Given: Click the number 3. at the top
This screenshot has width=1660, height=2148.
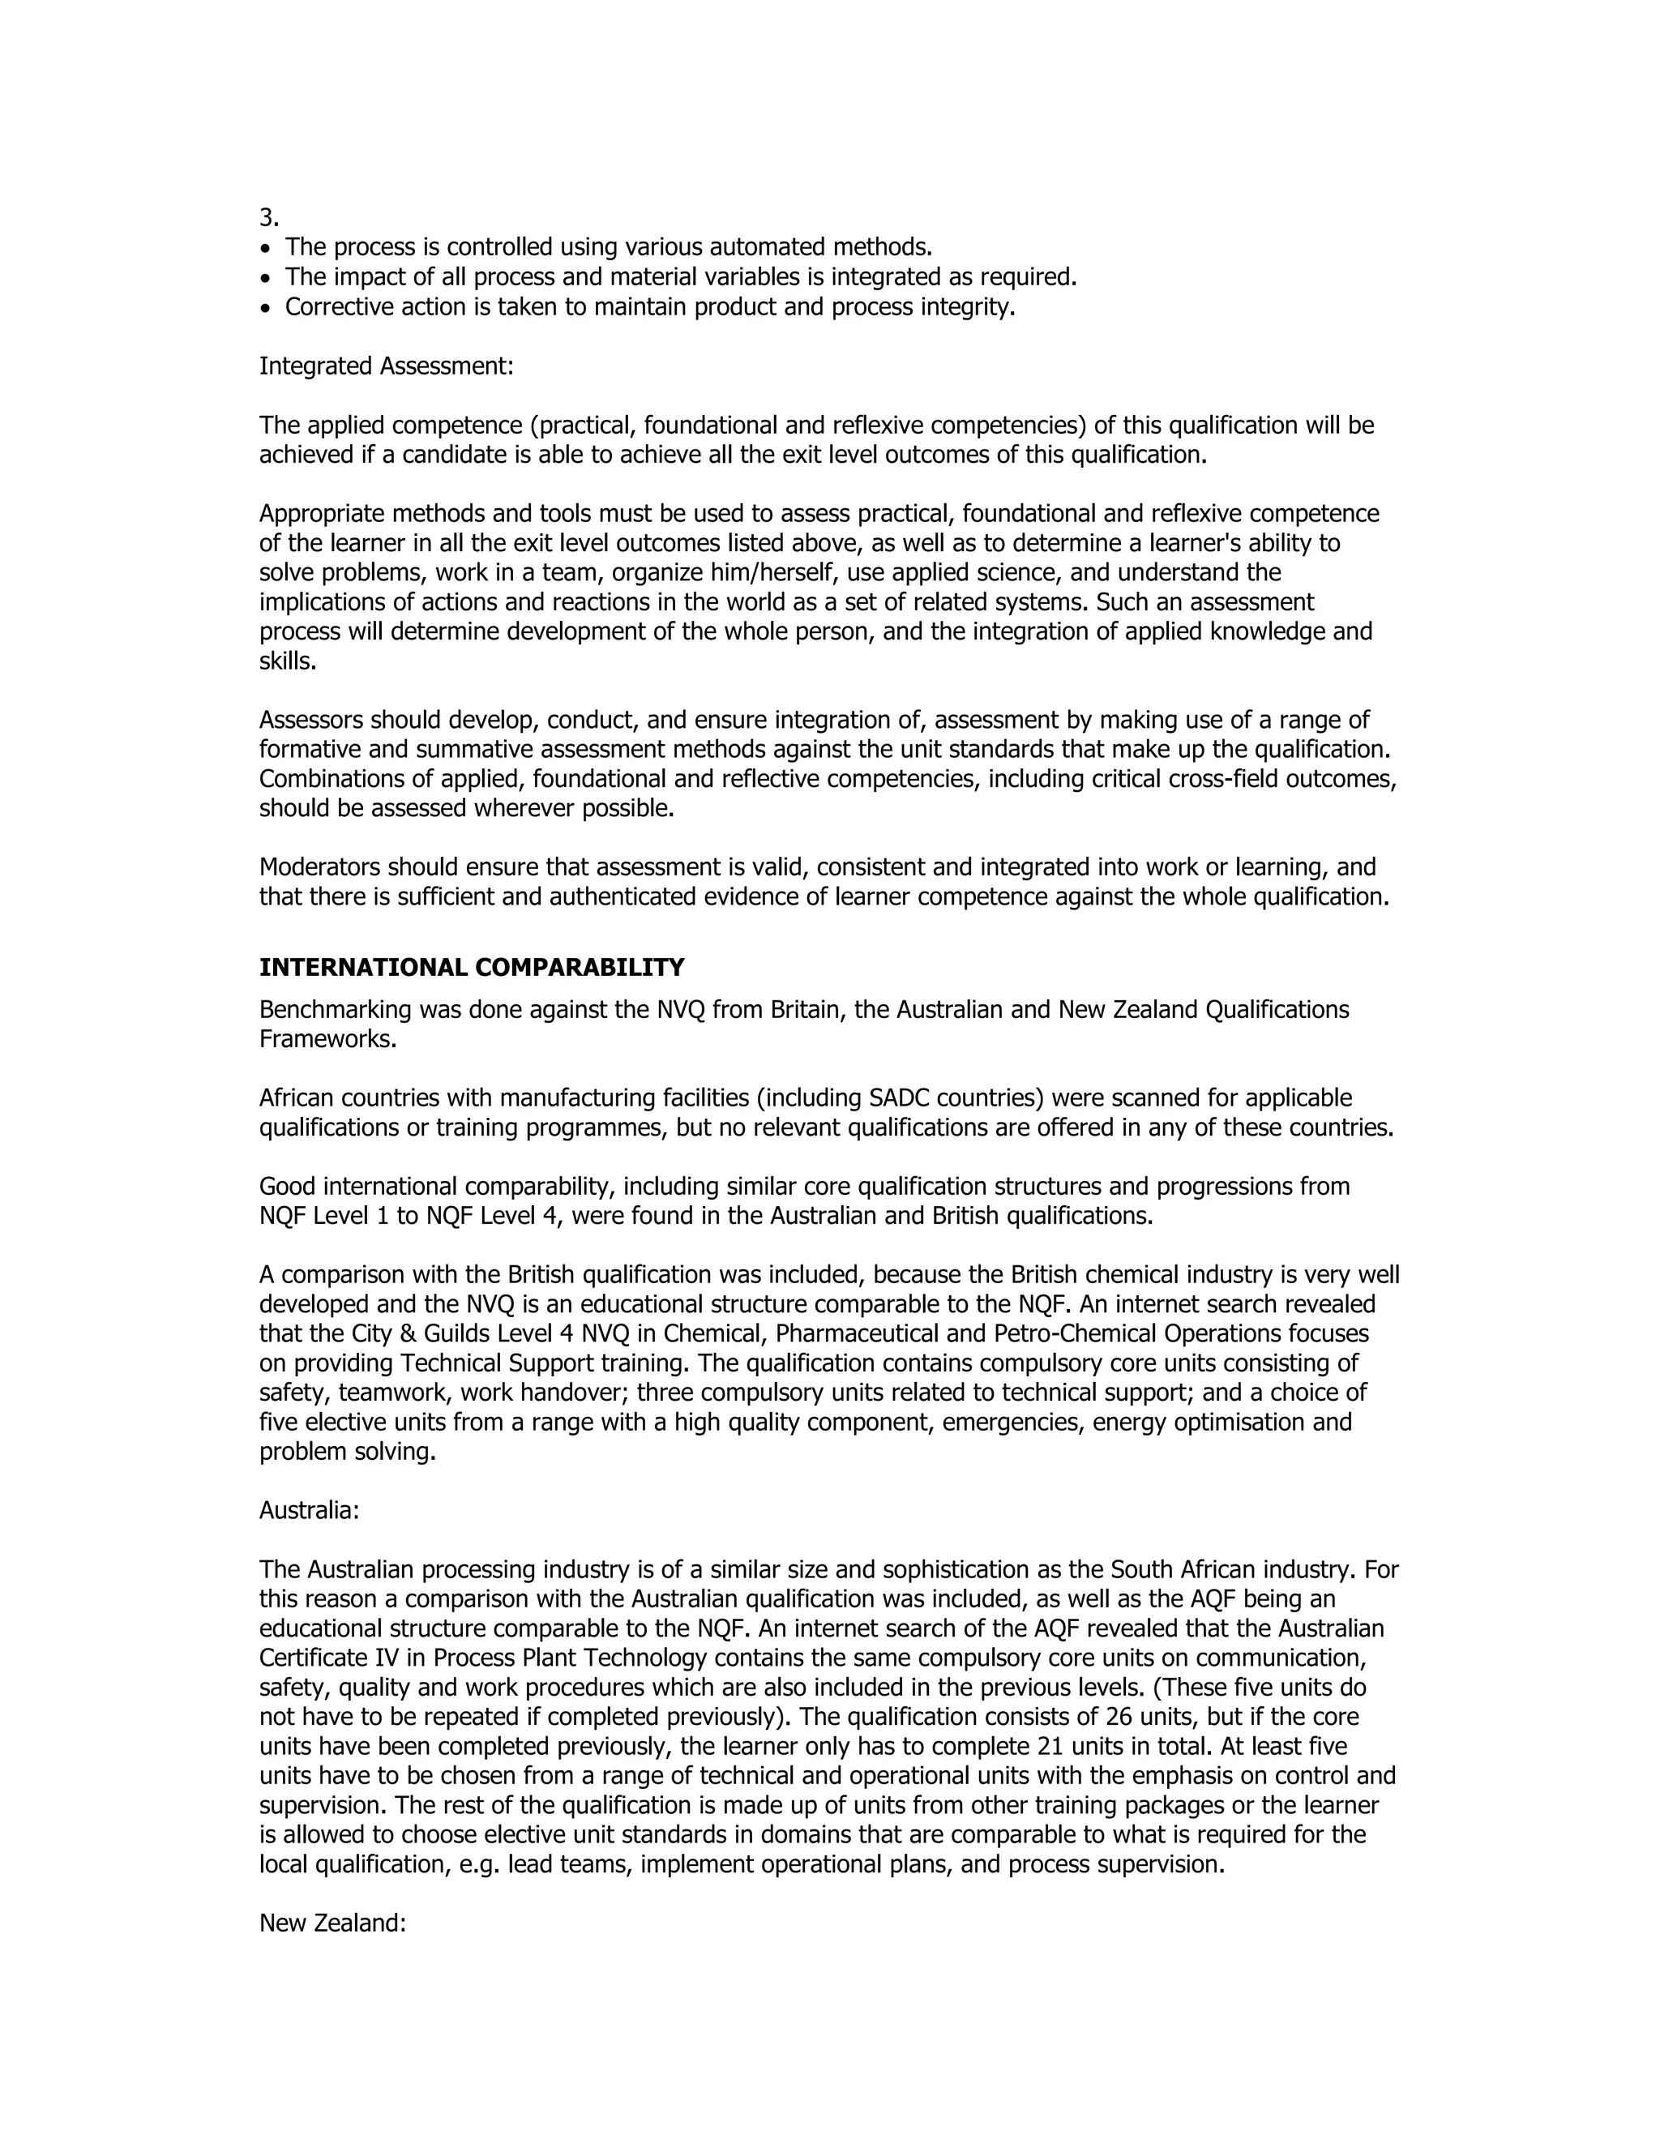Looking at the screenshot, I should click(268, 218).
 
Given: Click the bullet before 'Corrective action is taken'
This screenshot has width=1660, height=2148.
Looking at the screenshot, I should click(264, 309).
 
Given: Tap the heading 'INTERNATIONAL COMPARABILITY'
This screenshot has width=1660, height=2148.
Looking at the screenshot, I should click(471, 968).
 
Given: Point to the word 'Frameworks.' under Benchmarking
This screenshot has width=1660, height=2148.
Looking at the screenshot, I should click(327, 1040).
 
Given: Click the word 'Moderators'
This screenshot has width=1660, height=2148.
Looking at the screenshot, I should click(319, 867).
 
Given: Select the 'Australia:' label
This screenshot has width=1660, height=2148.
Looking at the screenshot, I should click(309, 1511).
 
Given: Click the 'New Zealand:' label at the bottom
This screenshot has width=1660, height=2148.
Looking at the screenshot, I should click(332, 1923).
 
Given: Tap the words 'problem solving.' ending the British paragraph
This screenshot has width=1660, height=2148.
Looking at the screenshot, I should click(347, 1452).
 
